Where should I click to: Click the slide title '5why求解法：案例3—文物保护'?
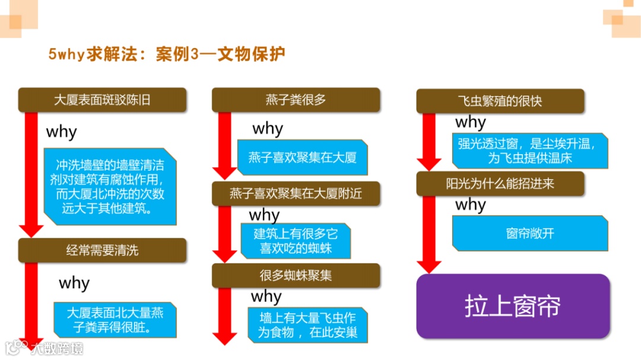tap(167, 55)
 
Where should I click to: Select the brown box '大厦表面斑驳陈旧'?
tap(102, 100)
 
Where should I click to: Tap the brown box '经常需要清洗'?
tap(102, 250)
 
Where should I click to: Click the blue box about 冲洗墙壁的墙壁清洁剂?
tap(110, 187)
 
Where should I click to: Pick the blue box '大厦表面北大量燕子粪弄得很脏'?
tap(115, 320)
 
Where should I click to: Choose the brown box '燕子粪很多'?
tap(296, 100)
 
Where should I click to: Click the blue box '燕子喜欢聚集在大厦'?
tap(302, 157)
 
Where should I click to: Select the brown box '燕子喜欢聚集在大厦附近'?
tap(296, 193)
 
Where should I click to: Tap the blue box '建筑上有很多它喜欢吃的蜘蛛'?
tap(296, 240)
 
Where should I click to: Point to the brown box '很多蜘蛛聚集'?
tap(296, 276)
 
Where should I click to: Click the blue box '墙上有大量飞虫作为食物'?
tap(307, 324)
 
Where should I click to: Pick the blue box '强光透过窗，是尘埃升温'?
tap(530, 151)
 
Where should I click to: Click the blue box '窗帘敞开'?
tap(530, 233)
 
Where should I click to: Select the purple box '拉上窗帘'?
tap(513, 306)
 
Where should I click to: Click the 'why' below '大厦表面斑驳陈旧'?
tap(62, 131)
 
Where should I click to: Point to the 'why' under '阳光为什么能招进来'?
tap(471, 205)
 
